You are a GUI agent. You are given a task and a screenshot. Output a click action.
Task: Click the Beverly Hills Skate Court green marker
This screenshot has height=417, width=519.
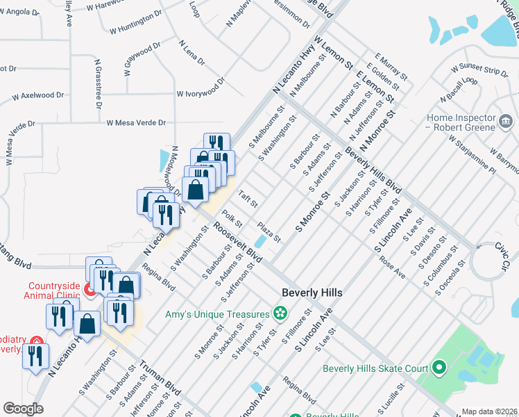[439, 366]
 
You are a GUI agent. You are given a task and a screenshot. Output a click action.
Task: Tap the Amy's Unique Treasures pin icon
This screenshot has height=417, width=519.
[280, 314]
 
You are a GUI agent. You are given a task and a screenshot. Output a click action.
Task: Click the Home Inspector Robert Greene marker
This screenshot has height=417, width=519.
[507, 122]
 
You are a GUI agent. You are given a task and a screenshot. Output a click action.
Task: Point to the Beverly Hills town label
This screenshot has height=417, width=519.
[312, 293]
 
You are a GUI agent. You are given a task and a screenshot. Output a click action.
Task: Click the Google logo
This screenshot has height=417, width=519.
[23, 408]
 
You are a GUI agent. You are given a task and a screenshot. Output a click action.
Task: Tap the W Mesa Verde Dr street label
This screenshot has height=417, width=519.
[136, 123]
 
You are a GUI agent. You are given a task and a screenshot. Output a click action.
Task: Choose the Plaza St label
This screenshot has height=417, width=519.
[269, 232]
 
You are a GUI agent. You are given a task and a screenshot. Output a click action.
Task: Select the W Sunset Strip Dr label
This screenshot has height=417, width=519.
[479, 71]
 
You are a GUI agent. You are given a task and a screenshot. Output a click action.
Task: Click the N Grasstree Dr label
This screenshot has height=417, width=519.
[99, 83]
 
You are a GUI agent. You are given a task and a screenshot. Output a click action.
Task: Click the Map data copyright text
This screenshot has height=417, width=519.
[489, 411]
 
